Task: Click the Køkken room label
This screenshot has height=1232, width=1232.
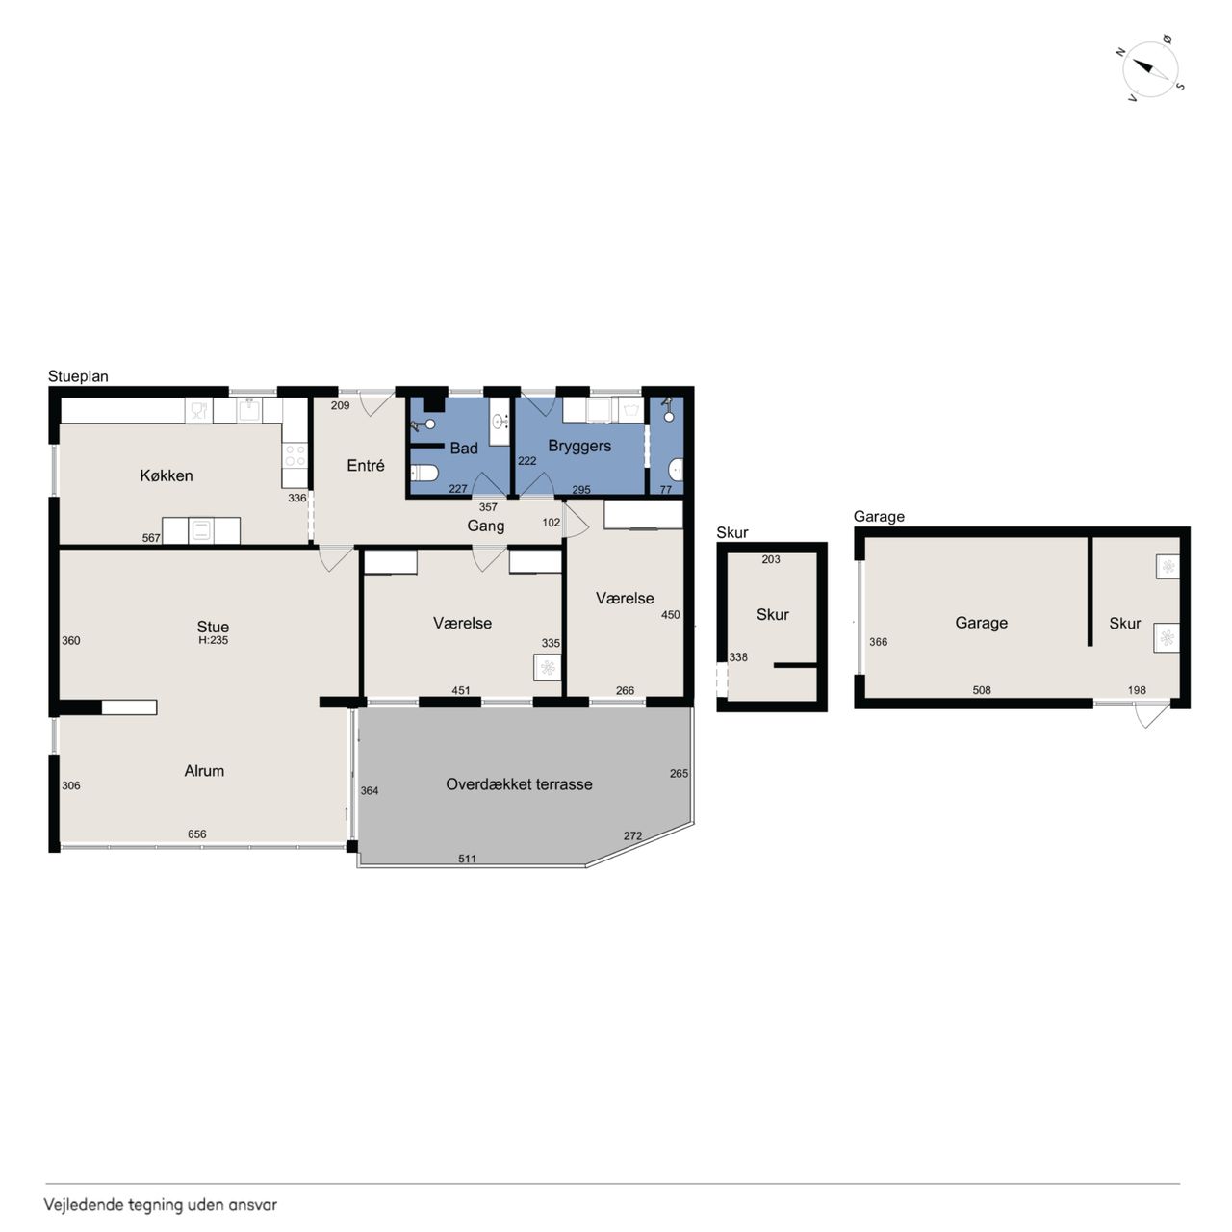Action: point(167,475)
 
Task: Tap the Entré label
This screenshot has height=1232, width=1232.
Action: point(366,466)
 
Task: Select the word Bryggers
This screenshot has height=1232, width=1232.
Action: point(579,447)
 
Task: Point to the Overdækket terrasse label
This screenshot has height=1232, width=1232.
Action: point(519,784)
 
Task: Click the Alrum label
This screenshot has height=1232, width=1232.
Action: point(204,771)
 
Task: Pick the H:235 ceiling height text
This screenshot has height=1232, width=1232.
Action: point(213,640)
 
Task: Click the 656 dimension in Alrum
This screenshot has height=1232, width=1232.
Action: point(197,834)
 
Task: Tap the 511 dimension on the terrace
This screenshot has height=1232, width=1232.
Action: point(468,859)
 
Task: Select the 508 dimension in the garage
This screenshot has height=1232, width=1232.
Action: point(982,690)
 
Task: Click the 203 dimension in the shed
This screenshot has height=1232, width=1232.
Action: point(771,559)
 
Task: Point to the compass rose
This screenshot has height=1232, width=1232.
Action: point(1151,69)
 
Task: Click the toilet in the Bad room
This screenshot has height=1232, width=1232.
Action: point(423,474)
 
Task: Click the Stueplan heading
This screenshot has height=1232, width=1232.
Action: point(78,376)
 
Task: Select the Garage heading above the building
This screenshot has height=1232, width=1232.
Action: point(879,517)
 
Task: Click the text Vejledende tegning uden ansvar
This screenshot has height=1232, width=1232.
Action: point(161,1205)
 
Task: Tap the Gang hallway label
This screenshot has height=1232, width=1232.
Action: point(486,526)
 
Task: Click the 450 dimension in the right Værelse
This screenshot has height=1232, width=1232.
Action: point(671,614)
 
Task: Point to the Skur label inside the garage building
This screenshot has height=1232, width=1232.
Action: point(1125,624)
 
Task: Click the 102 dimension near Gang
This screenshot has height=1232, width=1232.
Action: point(552,523)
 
